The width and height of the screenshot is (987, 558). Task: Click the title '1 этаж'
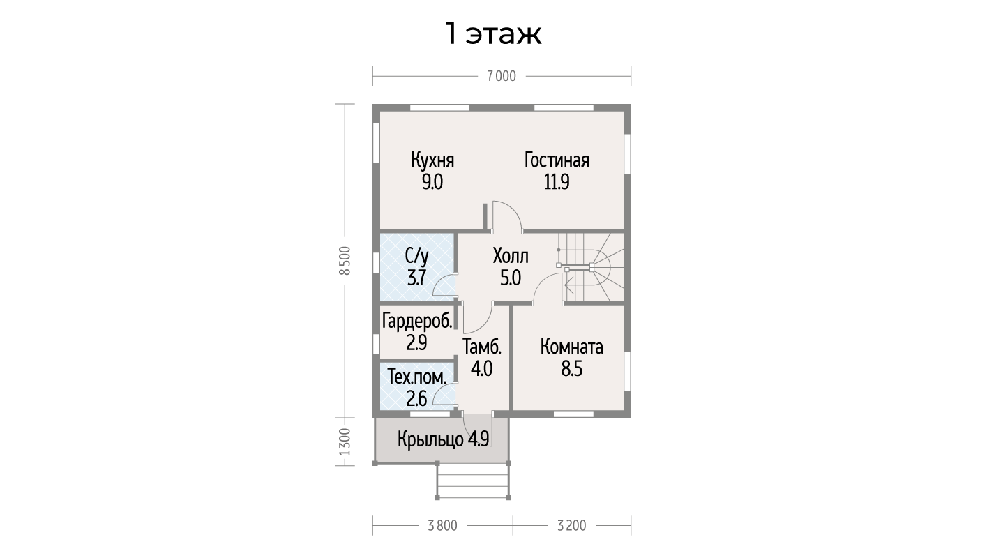tap(493, 33)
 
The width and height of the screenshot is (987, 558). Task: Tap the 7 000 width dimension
tap(502, 76)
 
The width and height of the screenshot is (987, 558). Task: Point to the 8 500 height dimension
tap(345, 260)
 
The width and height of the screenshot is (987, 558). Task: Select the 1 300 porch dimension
tap(345, 442)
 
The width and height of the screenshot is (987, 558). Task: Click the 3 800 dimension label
tap(442, 526)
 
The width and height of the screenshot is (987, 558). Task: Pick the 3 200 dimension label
tap(571, 526)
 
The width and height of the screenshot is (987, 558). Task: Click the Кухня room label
tap(432, 160)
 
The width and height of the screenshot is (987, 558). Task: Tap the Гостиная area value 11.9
tap(557, 181)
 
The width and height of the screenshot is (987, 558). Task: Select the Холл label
tap(511, 256)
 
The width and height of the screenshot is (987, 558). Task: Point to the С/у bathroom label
tap(417, 256)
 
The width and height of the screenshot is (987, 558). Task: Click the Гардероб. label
tap(417, 321)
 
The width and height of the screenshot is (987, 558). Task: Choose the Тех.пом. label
tap(417, 378)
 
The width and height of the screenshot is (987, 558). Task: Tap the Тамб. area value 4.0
tap(481, 368)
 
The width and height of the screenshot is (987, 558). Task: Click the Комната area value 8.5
tap(571, 369)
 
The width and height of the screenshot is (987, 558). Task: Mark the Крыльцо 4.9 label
tap(443, 439)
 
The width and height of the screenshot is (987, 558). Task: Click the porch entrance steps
tap(473, 481)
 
